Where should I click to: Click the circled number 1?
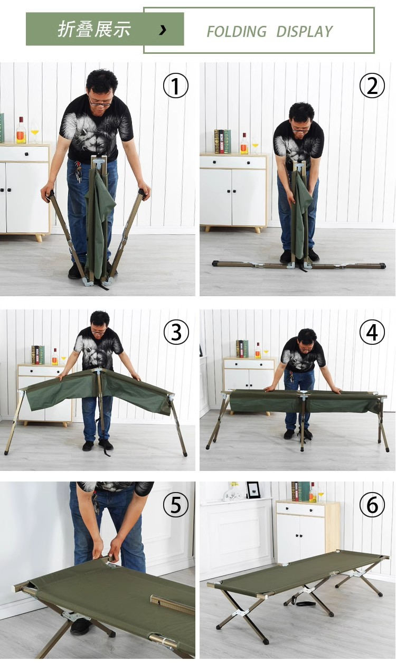pyautogui.click(x=176, y=86)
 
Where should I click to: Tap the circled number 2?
pyautogui.click(x=372, y=86)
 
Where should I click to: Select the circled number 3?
pyautogui.click(x=176, y=332)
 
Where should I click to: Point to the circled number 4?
pyautogui.click(x=372, y=332)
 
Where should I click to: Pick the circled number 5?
pyautogui.click(x=176, y=505)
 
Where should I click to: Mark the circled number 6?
pyautogui.click(x=372, y=505)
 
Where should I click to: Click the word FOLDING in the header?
pyautogui.click(x=237, y=31)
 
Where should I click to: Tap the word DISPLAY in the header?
pyautogui.click(x=305, y=31)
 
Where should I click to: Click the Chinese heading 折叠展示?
pyautogui.click(x=94, y=30)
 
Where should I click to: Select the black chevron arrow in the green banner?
pyautogui.click(x=163, y=30)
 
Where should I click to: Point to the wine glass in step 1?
pyautogui.click(x=35, y=133)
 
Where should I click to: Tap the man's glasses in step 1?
pyautogui.click(x=100, y=103)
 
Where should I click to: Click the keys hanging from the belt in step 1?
pyautogui.click(x=78, y=172)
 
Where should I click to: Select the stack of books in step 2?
pyautogui.click(x=222, y=141)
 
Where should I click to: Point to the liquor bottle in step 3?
pyautogui.click(x=55, y=357)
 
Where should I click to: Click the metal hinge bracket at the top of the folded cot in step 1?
pyautogui.click(x=99, y=164)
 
